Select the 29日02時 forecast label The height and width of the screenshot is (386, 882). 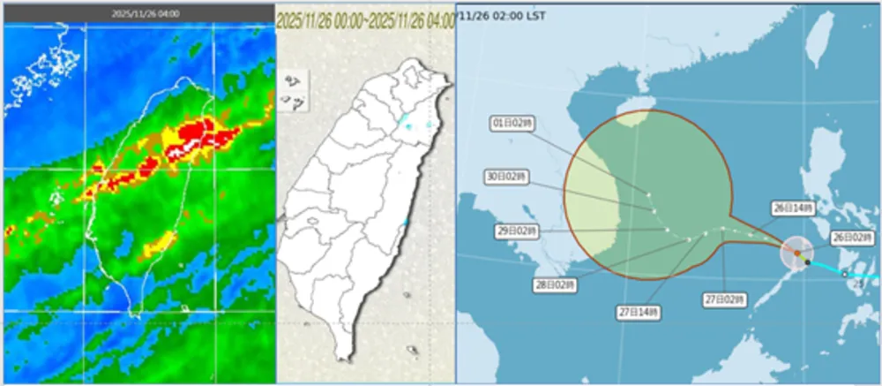[x=517, y=231]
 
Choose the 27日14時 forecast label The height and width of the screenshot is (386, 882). [x=639, y=312]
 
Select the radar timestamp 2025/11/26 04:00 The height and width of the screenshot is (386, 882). [x=140, y=14]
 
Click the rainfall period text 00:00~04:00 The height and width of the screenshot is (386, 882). [x=365, y=19]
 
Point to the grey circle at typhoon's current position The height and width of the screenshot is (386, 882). [x=798, y=254]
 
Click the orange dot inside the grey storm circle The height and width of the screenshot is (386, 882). [x=796, y=254]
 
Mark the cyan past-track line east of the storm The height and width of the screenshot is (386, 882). [x=847, y=271]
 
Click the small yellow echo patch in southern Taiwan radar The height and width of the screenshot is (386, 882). [x=157, y=241]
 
